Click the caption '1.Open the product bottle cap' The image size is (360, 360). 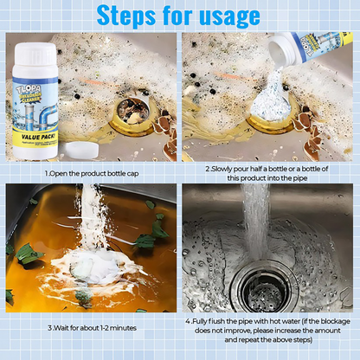pyautogui.click(x=91, y=173)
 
